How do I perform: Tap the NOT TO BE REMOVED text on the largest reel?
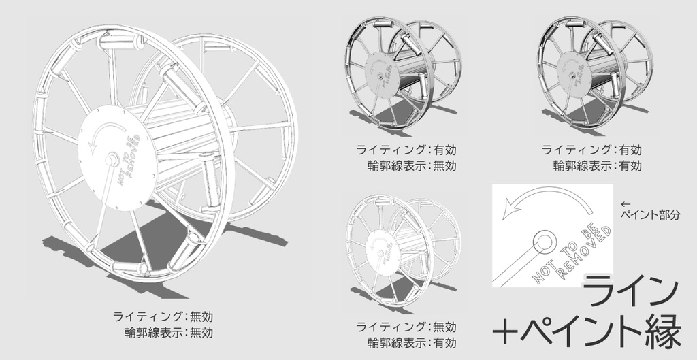pos(130,157)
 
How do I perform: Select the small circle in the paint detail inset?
pos(542,240)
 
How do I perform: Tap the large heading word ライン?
pos(631,291)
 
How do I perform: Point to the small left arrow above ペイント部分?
pos(626,203)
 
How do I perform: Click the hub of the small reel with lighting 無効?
pos(374,248)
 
